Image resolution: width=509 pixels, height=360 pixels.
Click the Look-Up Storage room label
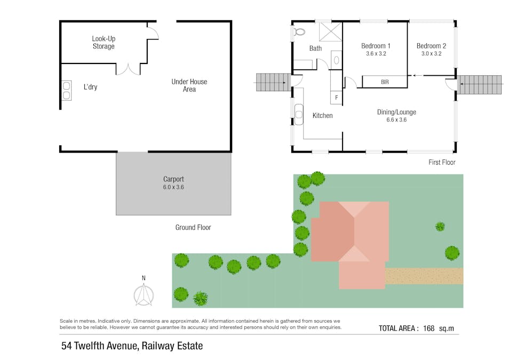(x=104, y=43)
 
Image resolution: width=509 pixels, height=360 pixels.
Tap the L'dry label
(x=90, y=87)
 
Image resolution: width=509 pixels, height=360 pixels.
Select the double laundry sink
(x=67, y=91)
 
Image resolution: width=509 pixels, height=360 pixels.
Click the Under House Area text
(x=189, y=85)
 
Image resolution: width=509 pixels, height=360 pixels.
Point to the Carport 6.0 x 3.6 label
(x=173, y=183)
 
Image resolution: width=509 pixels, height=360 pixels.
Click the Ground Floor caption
(x=193, y=228)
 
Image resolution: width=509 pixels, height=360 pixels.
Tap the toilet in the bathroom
(x=299, y=32)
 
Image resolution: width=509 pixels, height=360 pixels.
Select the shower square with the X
(x=330, y=32)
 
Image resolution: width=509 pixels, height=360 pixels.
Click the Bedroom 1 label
(x=376, y=46)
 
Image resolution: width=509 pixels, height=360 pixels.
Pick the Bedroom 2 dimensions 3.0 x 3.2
(x=432, y=54)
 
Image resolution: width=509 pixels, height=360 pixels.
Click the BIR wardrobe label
(x=385, y=82)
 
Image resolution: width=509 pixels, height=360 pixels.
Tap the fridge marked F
(x=336, y=98)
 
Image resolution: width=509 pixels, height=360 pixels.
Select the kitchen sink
(x=299, y=115)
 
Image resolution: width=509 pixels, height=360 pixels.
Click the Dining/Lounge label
(x=396, y=113)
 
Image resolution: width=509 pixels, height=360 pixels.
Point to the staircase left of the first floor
(x=273, y=83)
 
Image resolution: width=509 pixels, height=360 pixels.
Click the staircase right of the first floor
(x=480, y=85)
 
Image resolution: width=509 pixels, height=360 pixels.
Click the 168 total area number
(x=428, y=329)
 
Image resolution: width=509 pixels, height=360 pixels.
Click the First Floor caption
(x=442, y=162)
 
